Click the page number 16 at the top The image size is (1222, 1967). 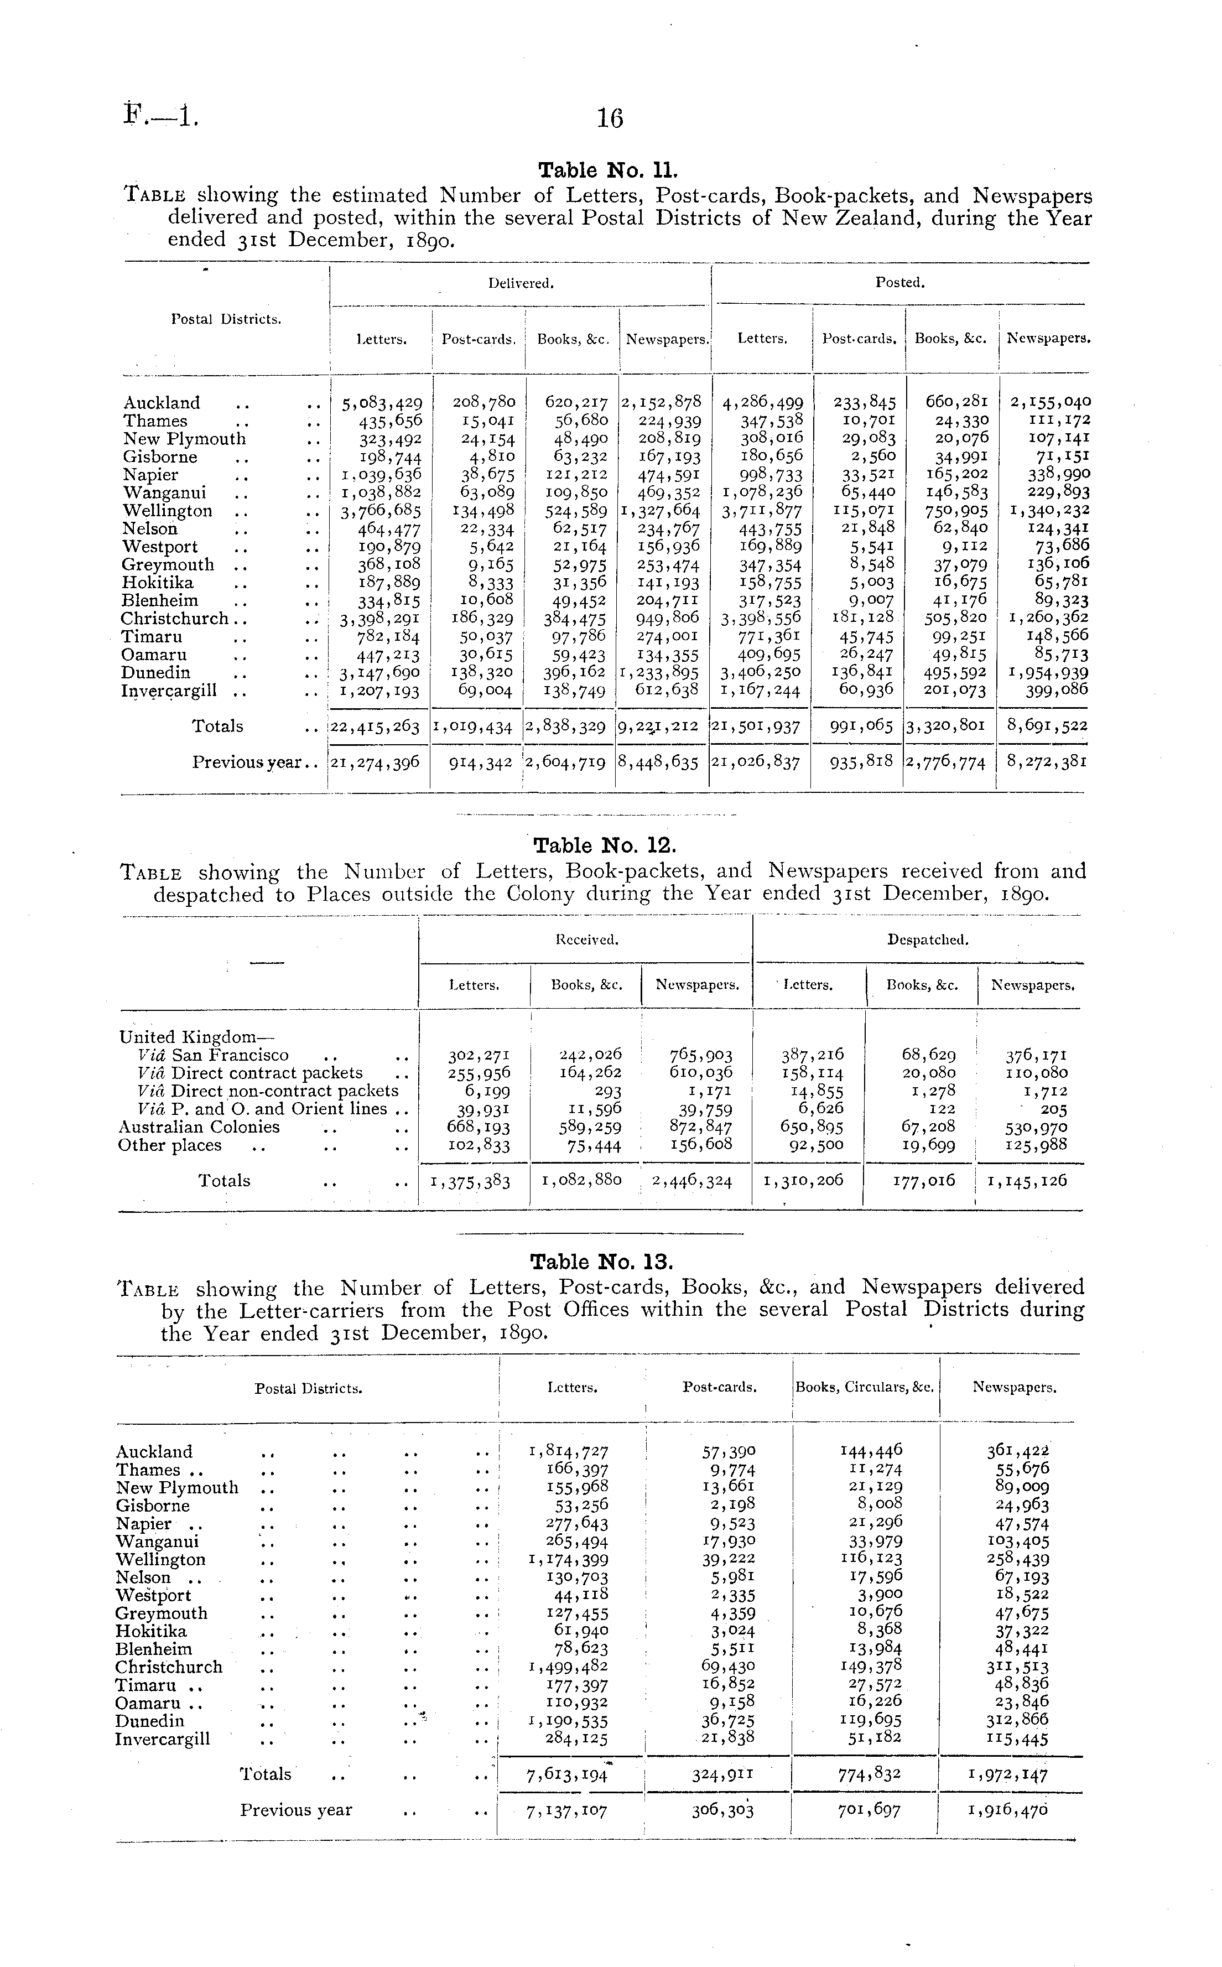(x=610, y=119)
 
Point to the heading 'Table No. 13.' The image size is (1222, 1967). (x=601, y=1262)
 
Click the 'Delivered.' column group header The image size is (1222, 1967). (x=521, y=283)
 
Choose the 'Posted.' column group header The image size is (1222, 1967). (x=899, y=283)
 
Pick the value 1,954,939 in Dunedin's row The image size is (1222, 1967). (x=1049, y=672)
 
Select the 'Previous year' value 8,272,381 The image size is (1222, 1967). (x=1047, y=761)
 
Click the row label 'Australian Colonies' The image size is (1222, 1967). (x=199, y=1127)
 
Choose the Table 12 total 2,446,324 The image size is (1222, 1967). (x=692, y=1181)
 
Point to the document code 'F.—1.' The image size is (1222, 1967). (x=162, y=118)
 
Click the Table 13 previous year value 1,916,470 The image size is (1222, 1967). (x=1008, y=1811)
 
